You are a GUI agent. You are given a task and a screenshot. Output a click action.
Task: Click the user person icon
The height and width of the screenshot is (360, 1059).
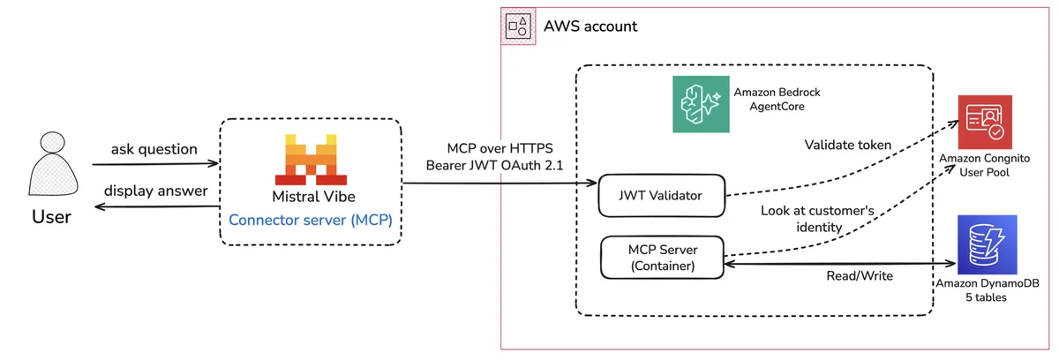pos(53,163)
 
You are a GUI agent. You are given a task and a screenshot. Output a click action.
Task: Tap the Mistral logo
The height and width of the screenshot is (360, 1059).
pos(311,160)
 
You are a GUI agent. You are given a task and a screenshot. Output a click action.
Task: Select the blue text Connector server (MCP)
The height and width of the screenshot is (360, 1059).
pos(311,221)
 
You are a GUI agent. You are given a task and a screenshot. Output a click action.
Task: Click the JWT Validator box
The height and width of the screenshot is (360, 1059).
pos(661,196)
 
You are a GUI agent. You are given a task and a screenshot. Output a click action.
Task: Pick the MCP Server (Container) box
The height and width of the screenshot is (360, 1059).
pos(663,258)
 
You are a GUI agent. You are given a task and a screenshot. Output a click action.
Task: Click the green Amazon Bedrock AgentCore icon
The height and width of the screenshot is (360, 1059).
pos(701,104)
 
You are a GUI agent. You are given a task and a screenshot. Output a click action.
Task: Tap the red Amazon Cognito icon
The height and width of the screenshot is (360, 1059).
pos(985,122)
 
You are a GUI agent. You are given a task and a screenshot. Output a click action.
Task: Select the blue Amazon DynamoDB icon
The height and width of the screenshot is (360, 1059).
pos(988,244)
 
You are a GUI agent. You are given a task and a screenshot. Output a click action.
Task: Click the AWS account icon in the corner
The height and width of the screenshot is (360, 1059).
pos(519,26)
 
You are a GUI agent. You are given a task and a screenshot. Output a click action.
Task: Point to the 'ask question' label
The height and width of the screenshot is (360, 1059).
pos(154,149)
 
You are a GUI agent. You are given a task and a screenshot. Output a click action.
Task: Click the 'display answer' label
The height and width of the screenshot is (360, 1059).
pos(155,191)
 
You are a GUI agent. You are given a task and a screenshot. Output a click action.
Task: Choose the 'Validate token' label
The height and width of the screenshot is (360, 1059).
pos(848,145)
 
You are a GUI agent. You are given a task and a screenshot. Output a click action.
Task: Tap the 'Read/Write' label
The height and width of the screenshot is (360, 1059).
pos(860,276)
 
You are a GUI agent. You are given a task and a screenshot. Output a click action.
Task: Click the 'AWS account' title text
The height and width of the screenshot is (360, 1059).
pos(590,26)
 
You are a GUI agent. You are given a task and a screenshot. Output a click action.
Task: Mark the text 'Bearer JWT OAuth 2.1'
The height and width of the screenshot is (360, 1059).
pos(494,165)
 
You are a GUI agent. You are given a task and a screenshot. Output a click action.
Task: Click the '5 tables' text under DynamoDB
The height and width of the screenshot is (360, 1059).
pos(986,297)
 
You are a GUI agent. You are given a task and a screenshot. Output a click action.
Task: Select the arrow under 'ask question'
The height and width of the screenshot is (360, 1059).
pos(155,164)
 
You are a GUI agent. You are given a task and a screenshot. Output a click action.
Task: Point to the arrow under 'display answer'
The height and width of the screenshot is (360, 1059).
pos(157,206)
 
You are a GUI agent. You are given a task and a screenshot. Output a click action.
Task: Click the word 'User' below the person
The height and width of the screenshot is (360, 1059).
pos(51,217)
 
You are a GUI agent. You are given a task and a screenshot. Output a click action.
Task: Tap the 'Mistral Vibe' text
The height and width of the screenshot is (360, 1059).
pos(313,197)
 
